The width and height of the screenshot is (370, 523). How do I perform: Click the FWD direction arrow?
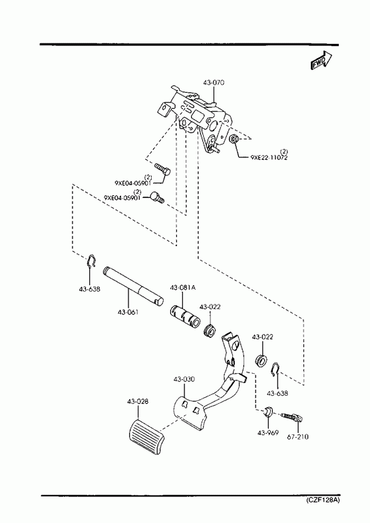click(321, 61)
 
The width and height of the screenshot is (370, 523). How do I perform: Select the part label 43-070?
click(214, 83)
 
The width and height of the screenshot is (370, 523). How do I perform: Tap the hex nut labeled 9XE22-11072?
click(234, 139)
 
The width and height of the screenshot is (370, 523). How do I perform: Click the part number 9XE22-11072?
click(269, 157)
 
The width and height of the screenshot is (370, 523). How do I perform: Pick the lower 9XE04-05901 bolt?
click(158, 197)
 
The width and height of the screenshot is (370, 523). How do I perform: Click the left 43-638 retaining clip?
click(92, 261)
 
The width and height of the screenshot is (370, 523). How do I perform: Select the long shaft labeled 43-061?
click(133, 286)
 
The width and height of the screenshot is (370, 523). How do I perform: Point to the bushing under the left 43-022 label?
click(210, 330)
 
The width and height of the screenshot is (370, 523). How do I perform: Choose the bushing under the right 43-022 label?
click(261, 361)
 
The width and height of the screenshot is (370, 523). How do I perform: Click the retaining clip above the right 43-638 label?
click(276, 370)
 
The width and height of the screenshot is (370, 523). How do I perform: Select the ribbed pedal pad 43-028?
click(146, 436)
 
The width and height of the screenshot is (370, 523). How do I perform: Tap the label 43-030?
click(184, 379)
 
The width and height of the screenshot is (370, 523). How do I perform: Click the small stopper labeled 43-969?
click(268, 412)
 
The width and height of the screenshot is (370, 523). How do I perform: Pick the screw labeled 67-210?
click(293, 416)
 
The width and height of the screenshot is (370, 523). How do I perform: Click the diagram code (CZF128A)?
click(323, 500)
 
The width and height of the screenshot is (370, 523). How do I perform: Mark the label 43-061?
click(128, 312)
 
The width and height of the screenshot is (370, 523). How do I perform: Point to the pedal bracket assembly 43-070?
click(196, 117)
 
